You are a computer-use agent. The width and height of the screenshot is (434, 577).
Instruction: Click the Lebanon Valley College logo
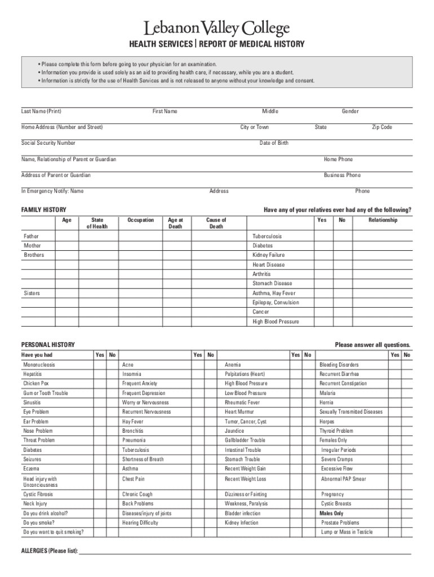pos(217,28)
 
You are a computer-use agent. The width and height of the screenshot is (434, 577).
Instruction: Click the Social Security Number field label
pos(48,143)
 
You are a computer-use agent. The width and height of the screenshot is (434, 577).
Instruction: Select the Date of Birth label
pos(274,143)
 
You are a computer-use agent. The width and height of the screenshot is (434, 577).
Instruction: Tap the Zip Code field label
pos(382,127)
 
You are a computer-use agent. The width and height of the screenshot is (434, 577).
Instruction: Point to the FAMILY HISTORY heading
pos(44,210)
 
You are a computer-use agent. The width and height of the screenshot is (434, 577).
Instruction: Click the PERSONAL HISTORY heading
pos(48,345)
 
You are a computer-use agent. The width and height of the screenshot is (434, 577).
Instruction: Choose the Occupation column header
pos(141,220)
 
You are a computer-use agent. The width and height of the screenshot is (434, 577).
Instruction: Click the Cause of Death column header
pos(216,223)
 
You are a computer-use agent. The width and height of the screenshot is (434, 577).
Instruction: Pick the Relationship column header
pos(383,220)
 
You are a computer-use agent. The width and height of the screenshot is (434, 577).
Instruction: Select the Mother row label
pos(32,246)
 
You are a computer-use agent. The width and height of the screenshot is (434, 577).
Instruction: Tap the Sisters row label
pos(32,294)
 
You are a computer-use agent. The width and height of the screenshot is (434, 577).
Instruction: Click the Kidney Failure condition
pos(268,255)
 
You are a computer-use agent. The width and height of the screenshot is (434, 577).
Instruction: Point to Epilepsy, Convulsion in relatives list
pos(276,303)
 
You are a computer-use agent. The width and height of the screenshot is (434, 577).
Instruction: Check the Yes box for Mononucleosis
pos(100,365)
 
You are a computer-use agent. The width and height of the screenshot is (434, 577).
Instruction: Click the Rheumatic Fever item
pos(242,403)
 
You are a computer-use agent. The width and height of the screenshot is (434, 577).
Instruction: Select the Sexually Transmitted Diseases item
pos(351,412)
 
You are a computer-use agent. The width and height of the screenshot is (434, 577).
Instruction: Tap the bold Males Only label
pos(331,513)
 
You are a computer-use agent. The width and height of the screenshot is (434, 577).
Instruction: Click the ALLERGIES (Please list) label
pos(50,551)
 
